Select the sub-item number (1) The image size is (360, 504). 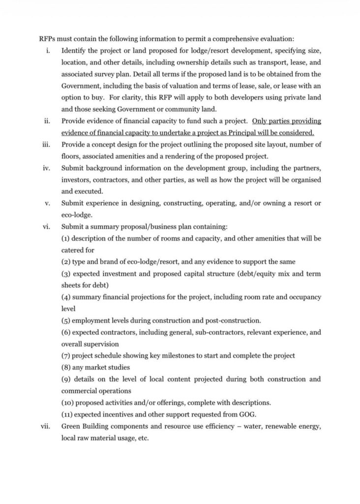(x=66, y=238)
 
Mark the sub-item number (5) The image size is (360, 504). (x=66, y=320)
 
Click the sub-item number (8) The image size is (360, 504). (x=66, y=368)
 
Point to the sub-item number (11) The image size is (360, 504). (x=67, y=414)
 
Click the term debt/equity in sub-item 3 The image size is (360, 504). (x=251, y=274)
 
